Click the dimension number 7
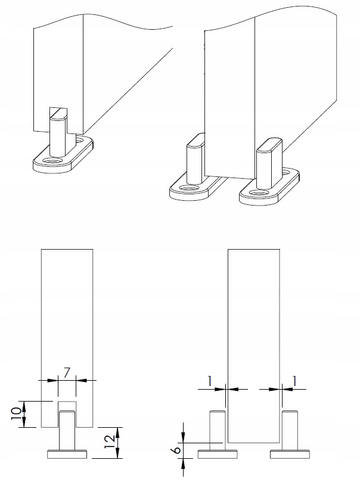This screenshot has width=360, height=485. (x=67, y=374)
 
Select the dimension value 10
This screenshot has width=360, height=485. (x=17, y=414)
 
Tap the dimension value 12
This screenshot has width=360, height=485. (x=110, y=442)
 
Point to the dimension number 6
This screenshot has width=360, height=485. (x=177, y=449)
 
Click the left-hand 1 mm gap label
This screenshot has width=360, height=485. (x=210, y=381)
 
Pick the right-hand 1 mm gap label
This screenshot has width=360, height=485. (x=294, y=381)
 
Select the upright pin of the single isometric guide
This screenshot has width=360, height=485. (x=58, y=132)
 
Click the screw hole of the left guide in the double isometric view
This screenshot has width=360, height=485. (x=187, y=188)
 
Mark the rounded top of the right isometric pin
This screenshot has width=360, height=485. (x=269, y=145)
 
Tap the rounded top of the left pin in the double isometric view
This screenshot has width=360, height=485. (x=196, y=141)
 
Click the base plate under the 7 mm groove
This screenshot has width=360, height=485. (x=67, y=455)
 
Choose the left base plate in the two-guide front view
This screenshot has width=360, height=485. (x=218, y=455)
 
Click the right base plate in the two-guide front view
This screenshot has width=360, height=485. (x=290, y=455)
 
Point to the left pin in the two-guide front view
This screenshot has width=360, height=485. (x=218, y=431)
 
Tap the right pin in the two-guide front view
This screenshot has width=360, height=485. (x=290, y=431)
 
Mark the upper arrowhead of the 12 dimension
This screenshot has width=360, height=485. (x=117, y=431)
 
